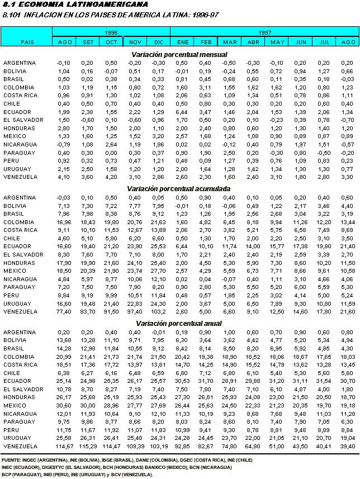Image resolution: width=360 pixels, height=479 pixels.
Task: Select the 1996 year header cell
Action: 111,34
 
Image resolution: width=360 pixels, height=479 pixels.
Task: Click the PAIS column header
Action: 27,42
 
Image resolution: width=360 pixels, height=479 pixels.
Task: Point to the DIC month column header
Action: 158,42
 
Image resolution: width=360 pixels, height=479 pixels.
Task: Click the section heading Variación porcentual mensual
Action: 179,54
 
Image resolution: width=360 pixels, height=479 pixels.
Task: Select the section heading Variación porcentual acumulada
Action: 179,189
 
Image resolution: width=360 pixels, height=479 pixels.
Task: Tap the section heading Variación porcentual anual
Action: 179,324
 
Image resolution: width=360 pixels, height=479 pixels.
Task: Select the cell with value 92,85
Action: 183,461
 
